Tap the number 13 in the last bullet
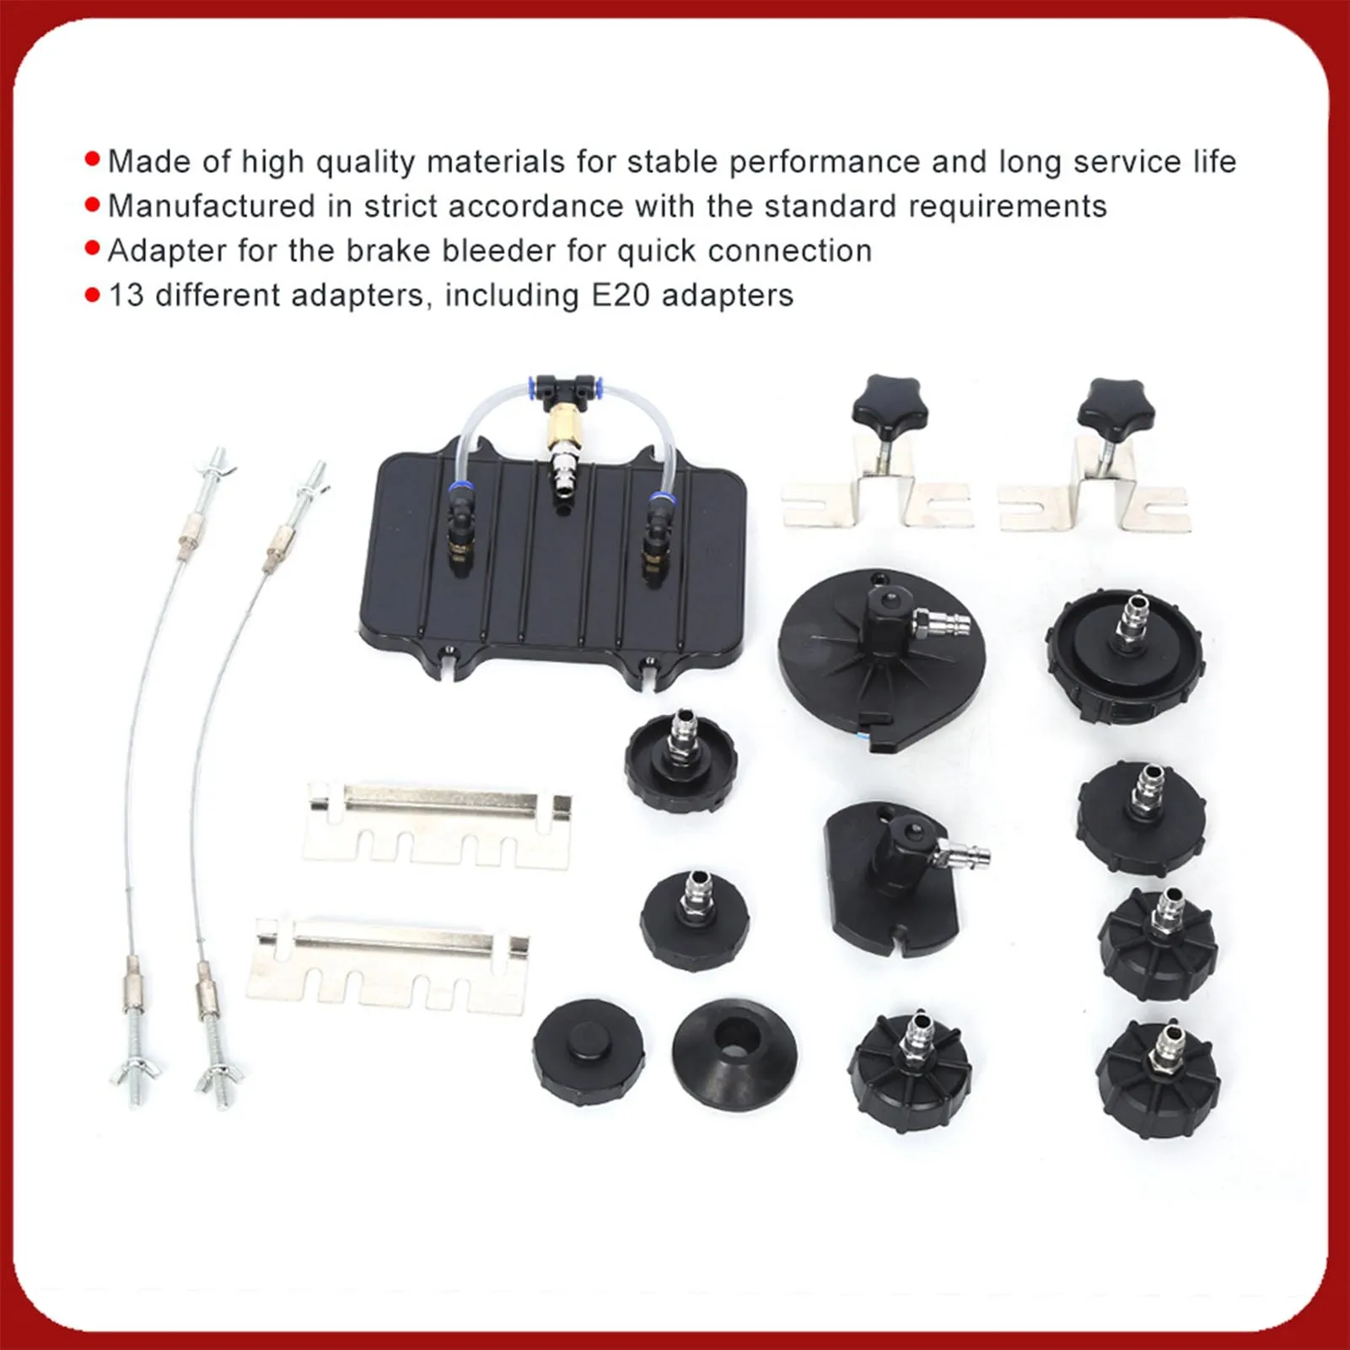pos(126,295)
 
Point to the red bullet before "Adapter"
pos(93,249)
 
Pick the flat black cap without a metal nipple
pos(588,1051)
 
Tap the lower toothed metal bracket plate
pos(388,960)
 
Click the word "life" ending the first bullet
pos(1213,162)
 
